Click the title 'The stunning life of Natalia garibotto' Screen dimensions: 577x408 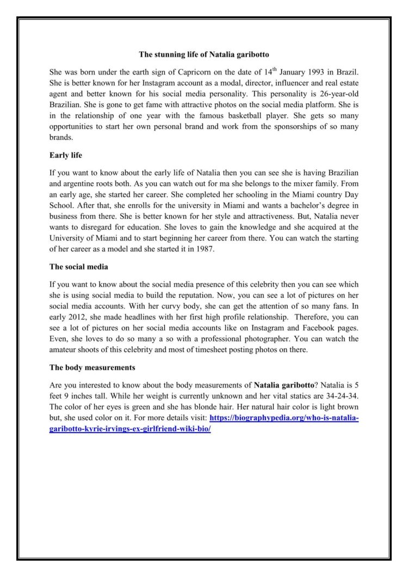204,54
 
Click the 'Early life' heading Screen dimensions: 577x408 65,155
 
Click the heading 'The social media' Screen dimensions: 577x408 78,267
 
